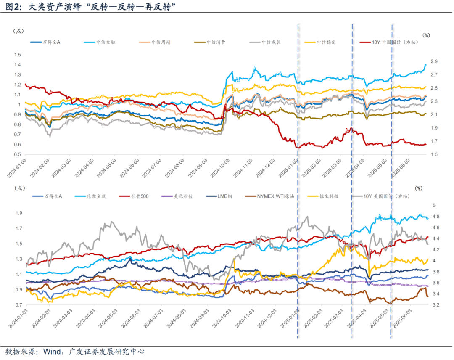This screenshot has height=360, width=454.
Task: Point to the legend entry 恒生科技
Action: point(331,196)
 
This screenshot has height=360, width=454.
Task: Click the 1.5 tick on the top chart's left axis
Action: point(17,55)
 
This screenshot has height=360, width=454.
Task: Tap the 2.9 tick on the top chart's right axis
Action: point(434,61)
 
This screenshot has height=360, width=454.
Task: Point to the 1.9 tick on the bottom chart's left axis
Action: point(17,213)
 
